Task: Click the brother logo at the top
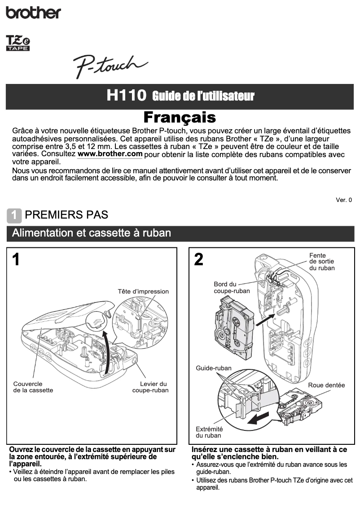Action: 33,12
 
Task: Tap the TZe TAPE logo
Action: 18,44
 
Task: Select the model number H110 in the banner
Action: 127,96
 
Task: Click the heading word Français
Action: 180,118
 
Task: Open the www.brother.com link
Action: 110,154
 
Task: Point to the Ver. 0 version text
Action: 344,200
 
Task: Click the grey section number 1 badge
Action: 14,215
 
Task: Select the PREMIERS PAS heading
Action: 66,215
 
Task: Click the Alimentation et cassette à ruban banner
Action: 91,233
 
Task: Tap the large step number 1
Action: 16,260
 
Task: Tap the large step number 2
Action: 198,260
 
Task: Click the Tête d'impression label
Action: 143,291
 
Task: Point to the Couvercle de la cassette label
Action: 33,387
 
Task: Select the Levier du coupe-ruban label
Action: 151,387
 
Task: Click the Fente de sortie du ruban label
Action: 321,262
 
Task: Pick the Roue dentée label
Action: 326,385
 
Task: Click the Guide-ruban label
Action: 214,368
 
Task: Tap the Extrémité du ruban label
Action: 209,432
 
